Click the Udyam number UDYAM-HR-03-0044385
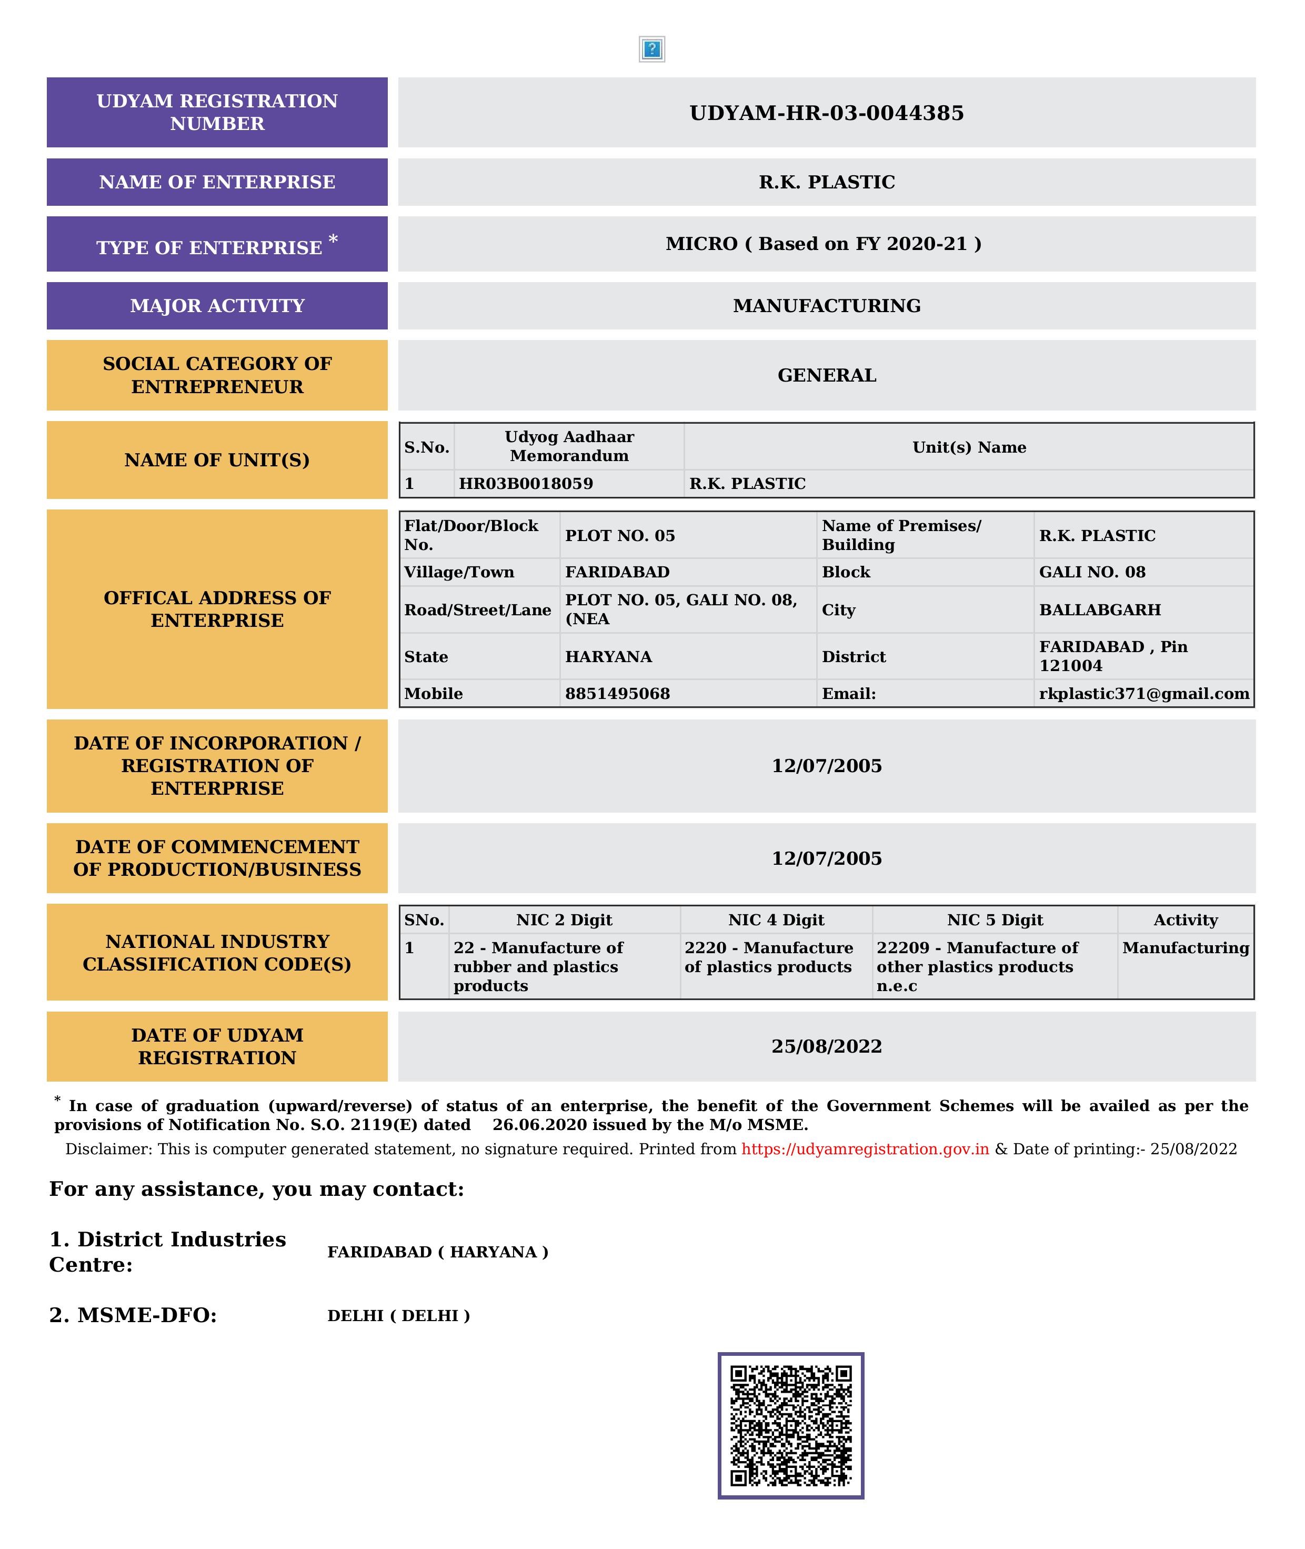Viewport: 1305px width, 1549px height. click(826, 113)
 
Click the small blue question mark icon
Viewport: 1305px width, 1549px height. click(652, 49)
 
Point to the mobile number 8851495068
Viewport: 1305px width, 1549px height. click(617, 694)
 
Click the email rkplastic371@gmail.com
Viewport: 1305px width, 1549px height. click(1144, 694)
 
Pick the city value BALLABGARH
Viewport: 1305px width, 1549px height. click(1099, 610)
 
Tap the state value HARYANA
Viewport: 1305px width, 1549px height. click(608, 657)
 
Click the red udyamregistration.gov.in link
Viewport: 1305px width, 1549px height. click(865, 1150)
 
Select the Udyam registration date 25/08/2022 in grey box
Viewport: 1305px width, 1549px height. click(826, 1046)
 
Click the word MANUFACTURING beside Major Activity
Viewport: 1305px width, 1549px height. click(826, 306)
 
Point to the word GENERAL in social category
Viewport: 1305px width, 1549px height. click(826, 375)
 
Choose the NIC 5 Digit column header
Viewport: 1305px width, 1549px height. click(995, 920)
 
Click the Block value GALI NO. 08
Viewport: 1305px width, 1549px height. click(1092, 572)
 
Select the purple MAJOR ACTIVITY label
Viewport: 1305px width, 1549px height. click(217, 306)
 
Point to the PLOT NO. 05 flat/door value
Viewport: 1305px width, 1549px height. click(620, 536)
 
